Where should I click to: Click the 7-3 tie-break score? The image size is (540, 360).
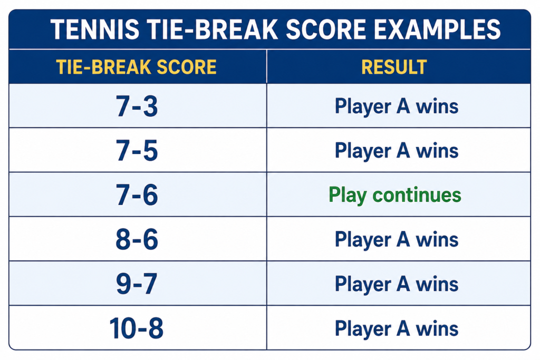(x=137, y=106)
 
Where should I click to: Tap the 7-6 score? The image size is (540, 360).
(x=137, y=195)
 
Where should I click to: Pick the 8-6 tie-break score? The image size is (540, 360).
(x=137, y=239)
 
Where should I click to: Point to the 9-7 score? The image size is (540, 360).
(x=137, y=284)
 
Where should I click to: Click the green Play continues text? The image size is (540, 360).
(x=395, y=195)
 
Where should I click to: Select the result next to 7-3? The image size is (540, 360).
(x=397, y=106)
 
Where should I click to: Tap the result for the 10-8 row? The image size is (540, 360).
(x=397, y=329)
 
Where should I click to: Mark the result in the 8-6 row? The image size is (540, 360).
(x=397, y=239)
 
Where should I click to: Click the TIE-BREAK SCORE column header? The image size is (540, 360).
(x=137, y=67)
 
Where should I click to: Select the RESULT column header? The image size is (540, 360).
(x=394, y=67)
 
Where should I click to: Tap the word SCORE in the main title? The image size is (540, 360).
(x=326, y=30)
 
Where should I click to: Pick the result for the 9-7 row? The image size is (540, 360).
(x=397, y=284)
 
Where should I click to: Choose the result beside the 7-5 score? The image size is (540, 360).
(x=397, y=151)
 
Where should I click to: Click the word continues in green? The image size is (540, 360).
(x=417, y=195)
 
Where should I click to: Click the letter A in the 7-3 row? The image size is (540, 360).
(x=403, y=106)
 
